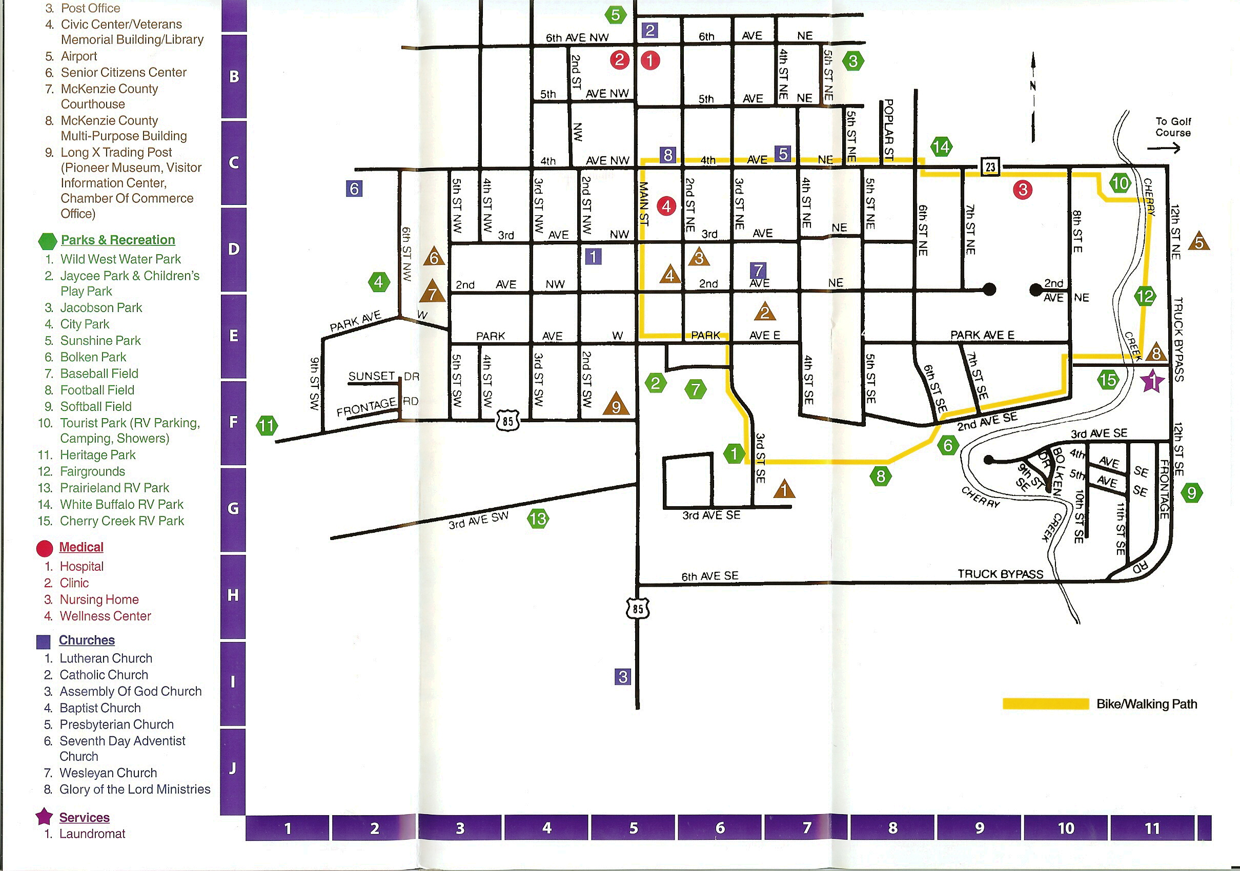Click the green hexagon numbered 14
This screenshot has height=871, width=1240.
coord(941,147)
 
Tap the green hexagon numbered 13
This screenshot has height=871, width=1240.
coord(538,519)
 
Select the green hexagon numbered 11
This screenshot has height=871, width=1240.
coord(267,426)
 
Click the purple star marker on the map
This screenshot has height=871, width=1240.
coord(1152,381)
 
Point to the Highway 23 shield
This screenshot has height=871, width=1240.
coord(990,167)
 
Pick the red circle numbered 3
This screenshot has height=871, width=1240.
coord(1022,190)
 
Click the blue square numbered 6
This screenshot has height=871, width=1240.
coord(354,189)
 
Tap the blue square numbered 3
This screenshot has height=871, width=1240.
coord(623,677)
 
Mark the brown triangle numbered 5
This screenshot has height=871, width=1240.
coord(1199,242)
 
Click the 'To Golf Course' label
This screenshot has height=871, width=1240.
coord(1172,128)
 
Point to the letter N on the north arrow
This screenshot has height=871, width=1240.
coord(1032,86)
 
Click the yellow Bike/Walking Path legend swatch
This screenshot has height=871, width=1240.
coord(1045,703)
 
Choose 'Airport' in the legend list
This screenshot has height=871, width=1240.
coord(79,56)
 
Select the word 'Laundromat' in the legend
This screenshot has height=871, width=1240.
coord(92,834)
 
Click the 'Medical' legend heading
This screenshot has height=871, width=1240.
coord(81,547)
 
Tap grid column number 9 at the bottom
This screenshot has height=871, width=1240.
coord(979,828)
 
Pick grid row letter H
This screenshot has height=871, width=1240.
coord(233,595)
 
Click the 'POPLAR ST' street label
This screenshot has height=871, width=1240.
coord(888,130)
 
